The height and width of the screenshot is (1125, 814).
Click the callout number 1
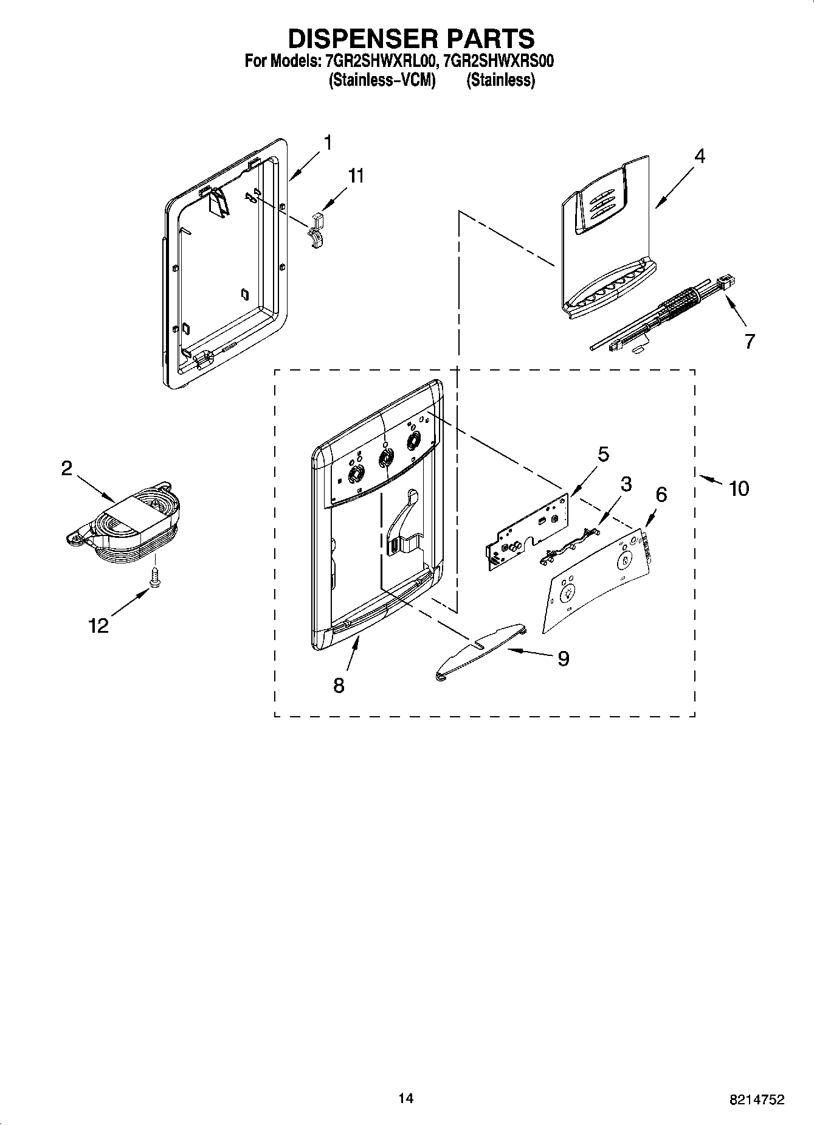[x=328, y=144]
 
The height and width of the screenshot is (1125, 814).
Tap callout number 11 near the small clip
[x=356, y=176]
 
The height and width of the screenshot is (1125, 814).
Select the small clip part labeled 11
[x=316, y=231]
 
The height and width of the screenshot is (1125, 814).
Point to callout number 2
[x=66, y=468]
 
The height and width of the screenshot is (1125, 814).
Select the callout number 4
[x=700, y=156]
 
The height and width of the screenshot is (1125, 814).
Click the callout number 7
[x=750, y=341]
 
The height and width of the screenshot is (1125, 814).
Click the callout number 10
[x=739, y=488]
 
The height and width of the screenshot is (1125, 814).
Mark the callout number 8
[x=339, y=686]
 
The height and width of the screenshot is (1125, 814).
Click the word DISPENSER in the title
[x=364, y=38]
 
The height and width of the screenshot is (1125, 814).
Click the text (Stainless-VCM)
[x=382, y=80]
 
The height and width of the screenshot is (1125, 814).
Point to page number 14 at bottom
[x=406, y=1099]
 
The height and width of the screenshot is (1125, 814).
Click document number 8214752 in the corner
[x=756, y=1099]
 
